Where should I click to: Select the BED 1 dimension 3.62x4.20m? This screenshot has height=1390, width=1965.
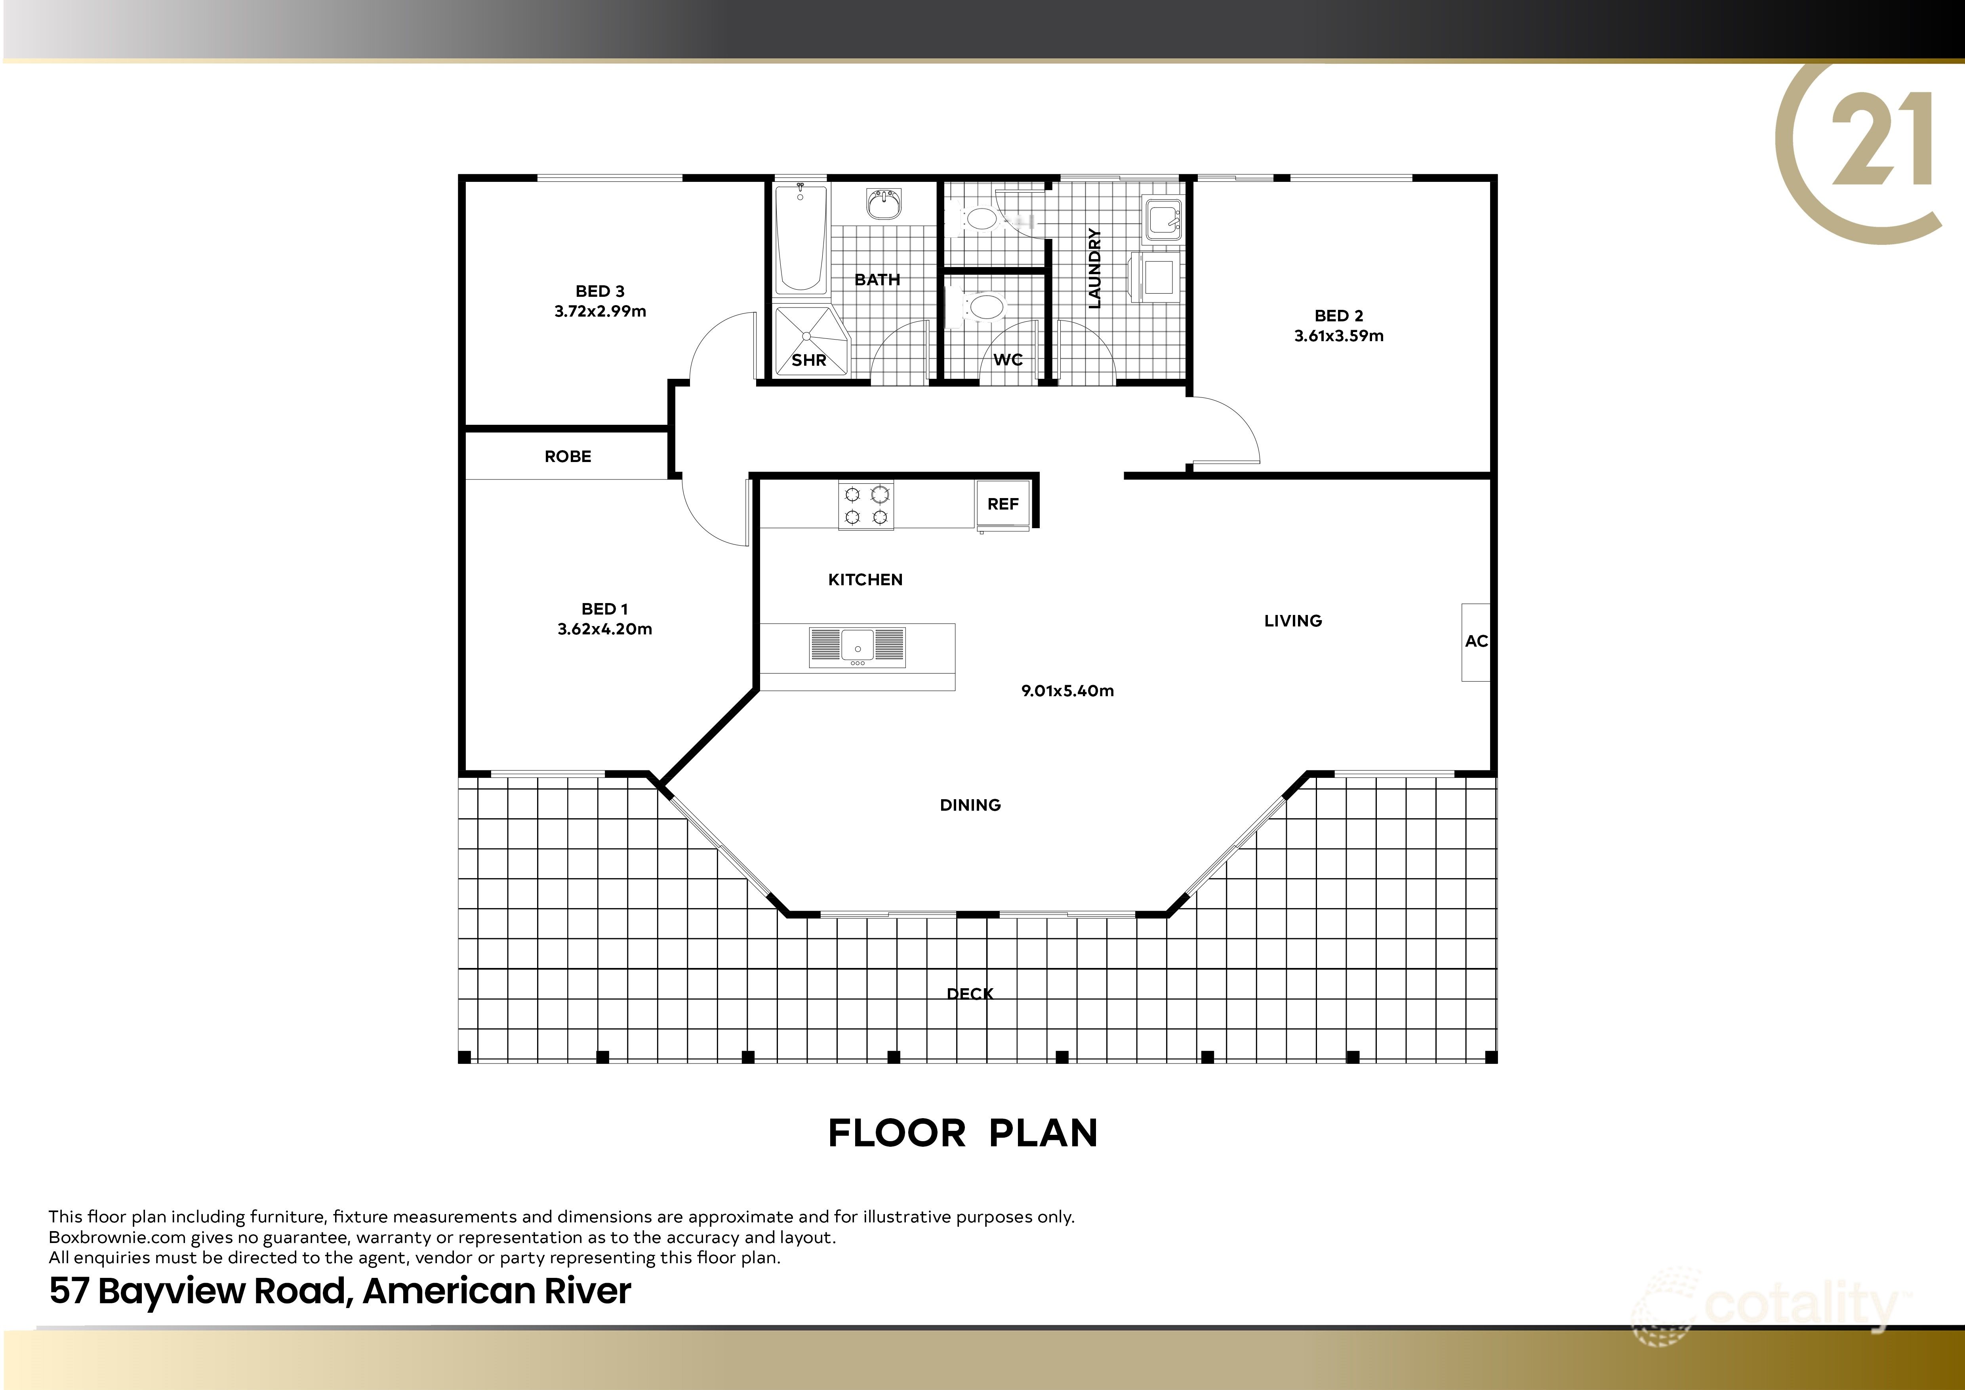(604, 629)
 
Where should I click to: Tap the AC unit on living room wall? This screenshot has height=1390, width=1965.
(1475, 642)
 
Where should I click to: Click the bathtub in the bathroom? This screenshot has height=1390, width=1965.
(800, 240)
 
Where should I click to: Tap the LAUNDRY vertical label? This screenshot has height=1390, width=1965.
(1094, 268)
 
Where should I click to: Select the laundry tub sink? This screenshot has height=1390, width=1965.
(1163, 219)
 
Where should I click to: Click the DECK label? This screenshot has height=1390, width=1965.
(970, 994)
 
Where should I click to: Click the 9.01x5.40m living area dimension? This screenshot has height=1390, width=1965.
(1067, 691)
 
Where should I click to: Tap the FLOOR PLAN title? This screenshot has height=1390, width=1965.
(963, 1133)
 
